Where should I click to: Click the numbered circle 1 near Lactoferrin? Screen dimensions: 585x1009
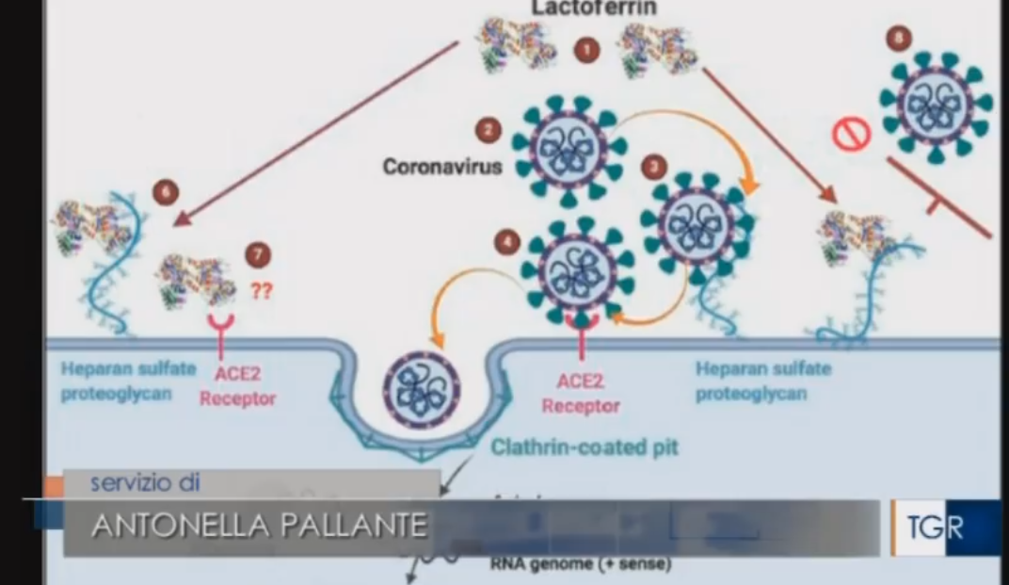(587, 49)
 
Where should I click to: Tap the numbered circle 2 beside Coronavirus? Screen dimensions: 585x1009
(488, 130)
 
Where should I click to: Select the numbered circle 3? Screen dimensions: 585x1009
(654, 167)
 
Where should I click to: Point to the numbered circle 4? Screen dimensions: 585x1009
(507, 242)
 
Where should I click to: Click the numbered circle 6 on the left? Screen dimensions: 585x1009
(165, 193)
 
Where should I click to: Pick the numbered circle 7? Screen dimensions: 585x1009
(257, 254)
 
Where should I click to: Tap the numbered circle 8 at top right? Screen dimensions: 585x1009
(899, 39)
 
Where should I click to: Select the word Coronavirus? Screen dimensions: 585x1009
(442, 167)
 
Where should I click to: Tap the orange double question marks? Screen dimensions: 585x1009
(261, 291)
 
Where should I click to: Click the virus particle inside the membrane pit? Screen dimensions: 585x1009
(421, 388)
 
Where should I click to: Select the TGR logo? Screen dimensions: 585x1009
(935, 528)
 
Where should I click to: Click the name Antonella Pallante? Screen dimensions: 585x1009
(259, 525)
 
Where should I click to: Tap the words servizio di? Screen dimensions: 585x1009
(145, 482)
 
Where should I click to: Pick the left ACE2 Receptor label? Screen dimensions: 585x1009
(237, 386)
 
